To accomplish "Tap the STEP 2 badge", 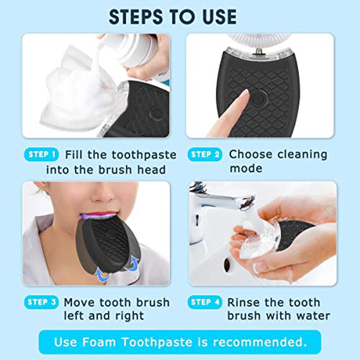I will [205, 155].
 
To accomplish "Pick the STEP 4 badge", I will [205, 302].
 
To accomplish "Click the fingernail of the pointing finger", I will [244, 94].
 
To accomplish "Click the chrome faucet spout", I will [234, 201].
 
